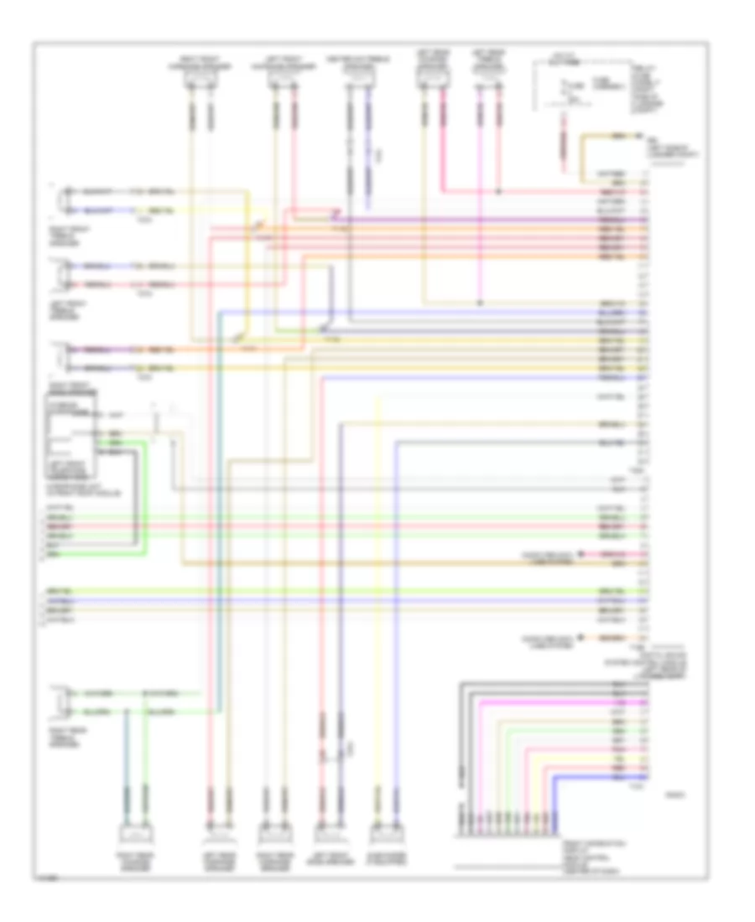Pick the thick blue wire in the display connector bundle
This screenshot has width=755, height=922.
click(x=587, y=779)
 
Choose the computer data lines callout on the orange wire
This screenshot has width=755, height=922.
click(x=549, y=639)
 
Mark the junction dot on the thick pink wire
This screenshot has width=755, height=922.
click(x=500, y=190)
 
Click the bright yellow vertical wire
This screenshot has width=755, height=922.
click(x=379, y=587)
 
